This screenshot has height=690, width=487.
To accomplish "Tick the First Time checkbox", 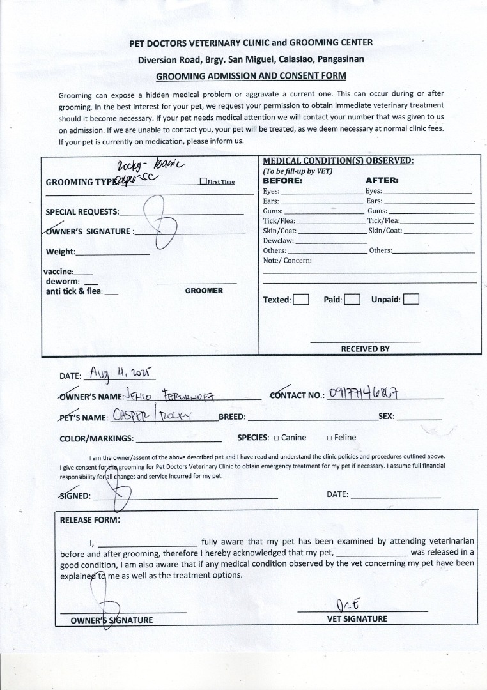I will click(203, 181).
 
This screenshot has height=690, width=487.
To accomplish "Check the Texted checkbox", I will click(302, 300).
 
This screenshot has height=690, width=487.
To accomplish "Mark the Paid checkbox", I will click(352, 300).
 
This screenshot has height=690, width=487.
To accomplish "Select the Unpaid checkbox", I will click(412, 299).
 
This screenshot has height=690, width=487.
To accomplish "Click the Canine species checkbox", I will click(276, 438).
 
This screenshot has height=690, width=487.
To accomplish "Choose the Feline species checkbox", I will click(329, 438).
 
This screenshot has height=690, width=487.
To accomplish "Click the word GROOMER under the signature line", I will click(204, 291).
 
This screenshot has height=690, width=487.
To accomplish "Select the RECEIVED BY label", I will click(365, 349).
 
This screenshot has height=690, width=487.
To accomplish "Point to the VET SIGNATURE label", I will click(357, 618).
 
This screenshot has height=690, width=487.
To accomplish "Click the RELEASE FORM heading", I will click(89, 519).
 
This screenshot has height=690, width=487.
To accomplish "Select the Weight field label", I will click(60, 251).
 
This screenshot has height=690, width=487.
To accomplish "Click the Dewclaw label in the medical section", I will click(279, 240).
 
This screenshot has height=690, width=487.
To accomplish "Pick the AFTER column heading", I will click(382, 181).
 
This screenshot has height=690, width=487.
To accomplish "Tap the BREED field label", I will click(232, 417).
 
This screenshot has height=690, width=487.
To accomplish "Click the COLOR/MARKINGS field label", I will click(97, 439).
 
